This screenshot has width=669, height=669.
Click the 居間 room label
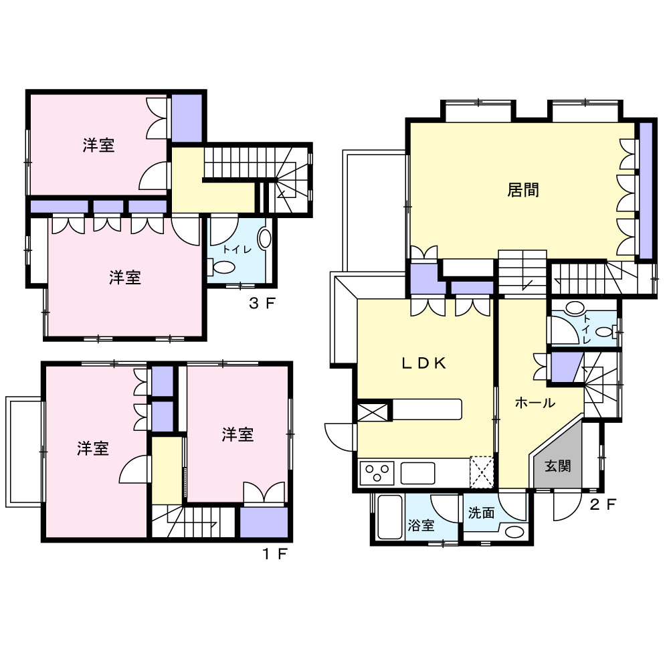(x=523, y=190)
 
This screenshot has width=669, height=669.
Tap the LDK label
(x=424, y=363)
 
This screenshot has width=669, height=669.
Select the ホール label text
(x=535, y=402)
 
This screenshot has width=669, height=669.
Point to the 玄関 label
(x=558, y=466)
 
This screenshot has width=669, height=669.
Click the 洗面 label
(x=481, y=512)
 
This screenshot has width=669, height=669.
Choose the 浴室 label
(x=421, y=524)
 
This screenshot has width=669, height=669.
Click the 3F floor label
(x=262, y=303)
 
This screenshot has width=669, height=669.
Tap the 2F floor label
(x=603, y=504)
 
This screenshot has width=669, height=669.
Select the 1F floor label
(x=275, y=554)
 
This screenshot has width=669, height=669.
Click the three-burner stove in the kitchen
(x=377, y=473)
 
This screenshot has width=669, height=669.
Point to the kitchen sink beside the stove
(x=417, y=473)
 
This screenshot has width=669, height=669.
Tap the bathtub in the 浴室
(x=390, y=517)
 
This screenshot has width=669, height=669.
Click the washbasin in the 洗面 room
(x=514, y=532)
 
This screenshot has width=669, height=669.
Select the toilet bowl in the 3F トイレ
(x=223, y=268)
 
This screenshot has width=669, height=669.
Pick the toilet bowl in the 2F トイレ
(x=606, y=332)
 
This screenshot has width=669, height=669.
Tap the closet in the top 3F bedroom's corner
(x=187, y=118)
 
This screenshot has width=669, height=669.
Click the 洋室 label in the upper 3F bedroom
(x=98, y=145)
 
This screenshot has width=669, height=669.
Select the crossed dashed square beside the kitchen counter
(x=481, y=472)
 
